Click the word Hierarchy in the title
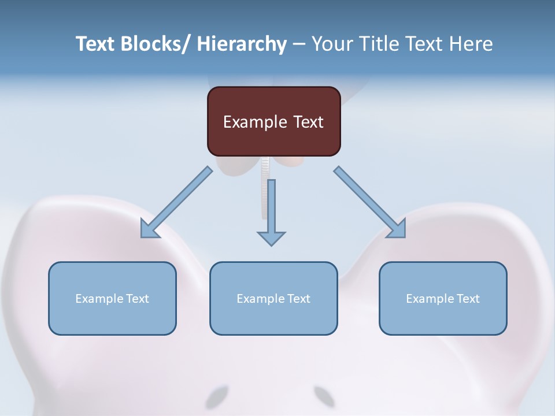point(242,44)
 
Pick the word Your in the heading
point(332,44)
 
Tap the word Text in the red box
point(307,122)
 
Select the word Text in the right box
point(467,299)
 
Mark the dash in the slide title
point(299,44)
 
